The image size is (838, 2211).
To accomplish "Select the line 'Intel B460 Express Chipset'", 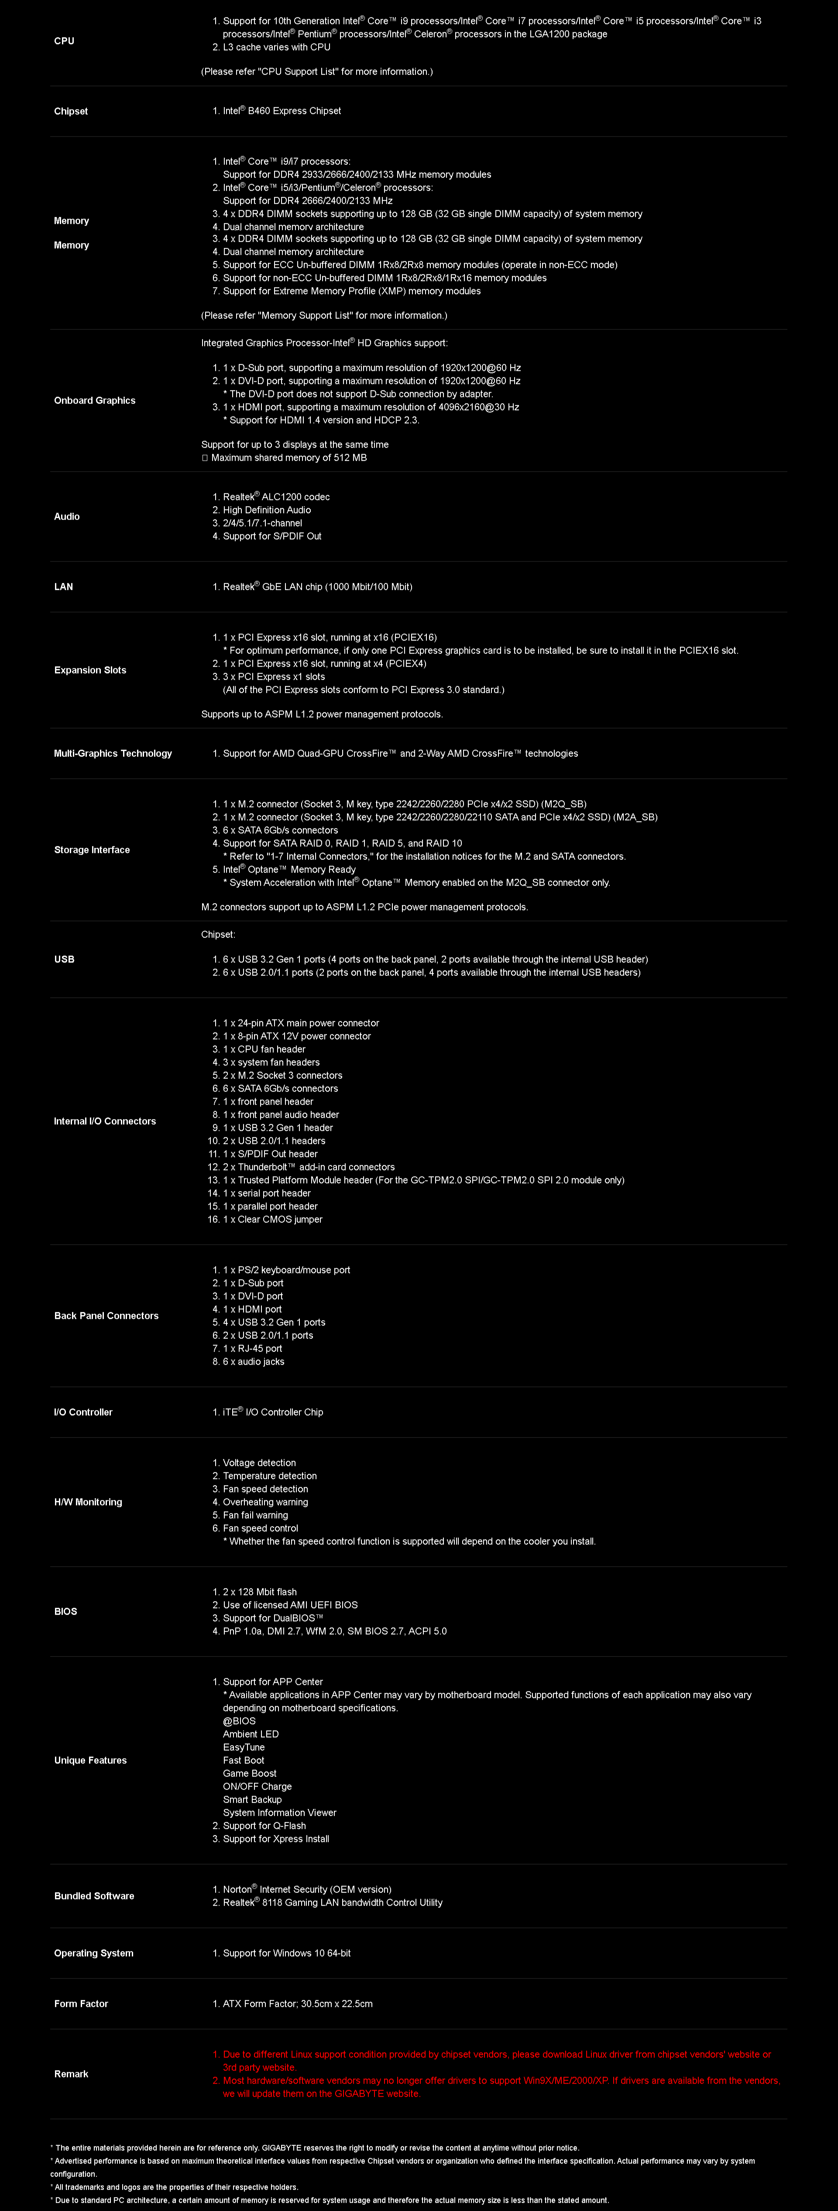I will (x=282, y=111).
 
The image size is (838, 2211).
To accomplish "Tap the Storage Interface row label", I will (x=92, y=850).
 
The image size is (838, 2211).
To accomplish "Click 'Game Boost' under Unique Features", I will (x=250, y=1773).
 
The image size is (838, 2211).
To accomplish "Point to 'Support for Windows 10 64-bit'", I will (x=287, y=1953).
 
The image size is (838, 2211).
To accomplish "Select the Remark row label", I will (x=71, y=2074).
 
